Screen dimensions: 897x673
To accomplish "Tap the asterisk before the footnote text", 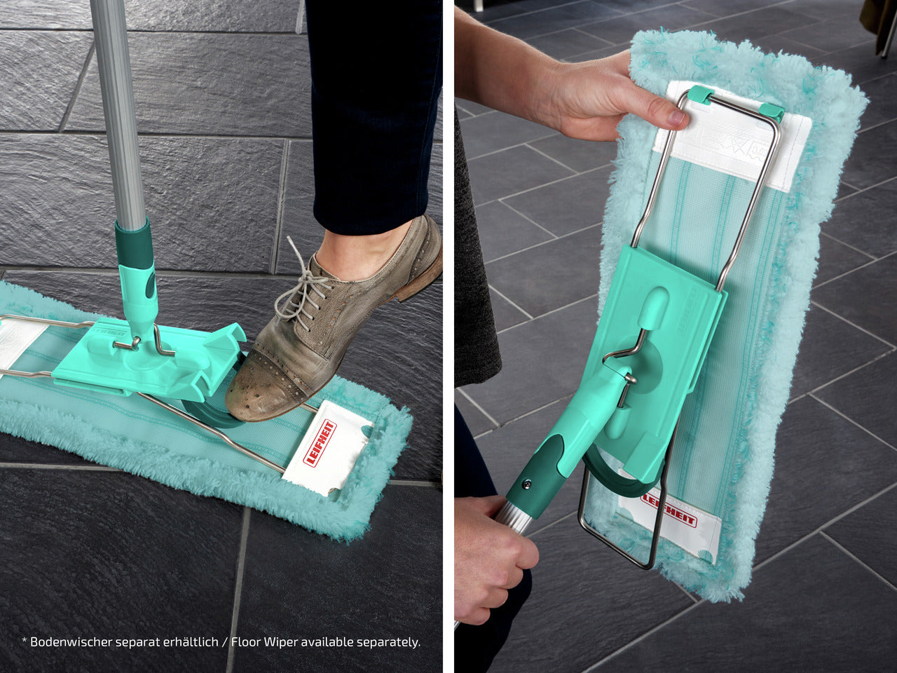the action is pos(24,640).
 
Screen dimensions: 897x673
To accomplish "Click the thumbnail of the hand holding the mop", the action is pos(677,118).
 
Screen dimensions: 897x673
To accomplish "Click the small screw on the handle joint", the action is pos(528,484).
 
